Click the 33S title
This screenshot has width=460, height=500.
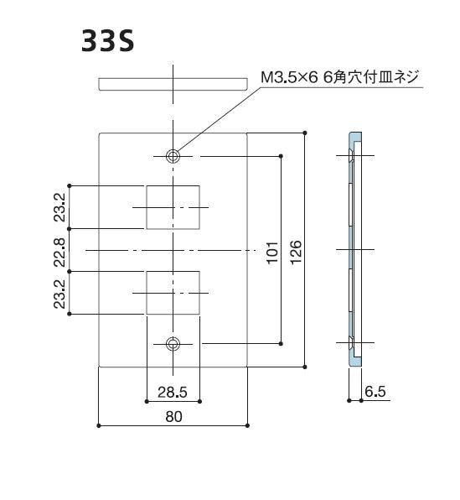(x=108, y=41)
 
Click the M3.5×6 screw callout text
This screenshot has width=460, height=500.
(x=342, y=78)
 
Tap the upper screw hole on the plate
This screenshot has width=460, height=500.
(x=173, y=156)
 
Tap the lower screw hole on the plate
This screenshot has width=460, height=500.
(x=173, y=343)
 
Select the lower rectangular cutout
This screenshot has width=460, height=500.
(x=173, y=292)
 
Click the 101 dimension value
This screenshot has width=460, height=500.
(x=272, y=251)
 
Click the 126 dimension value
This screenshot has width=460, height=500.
(x=296, y=251)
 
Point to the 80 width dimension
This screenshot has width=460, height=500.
(x=173, y=416)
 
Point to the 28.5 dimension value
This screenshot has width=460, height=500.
(x=173, y=391)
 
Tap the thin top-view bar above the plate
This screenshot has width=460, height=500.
(x=173, y=84)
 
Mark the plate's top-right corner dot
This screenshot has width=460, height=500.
(x=305, y=133)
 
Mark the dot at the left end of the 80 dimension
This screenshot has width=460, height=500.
(x=99, y=426)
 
